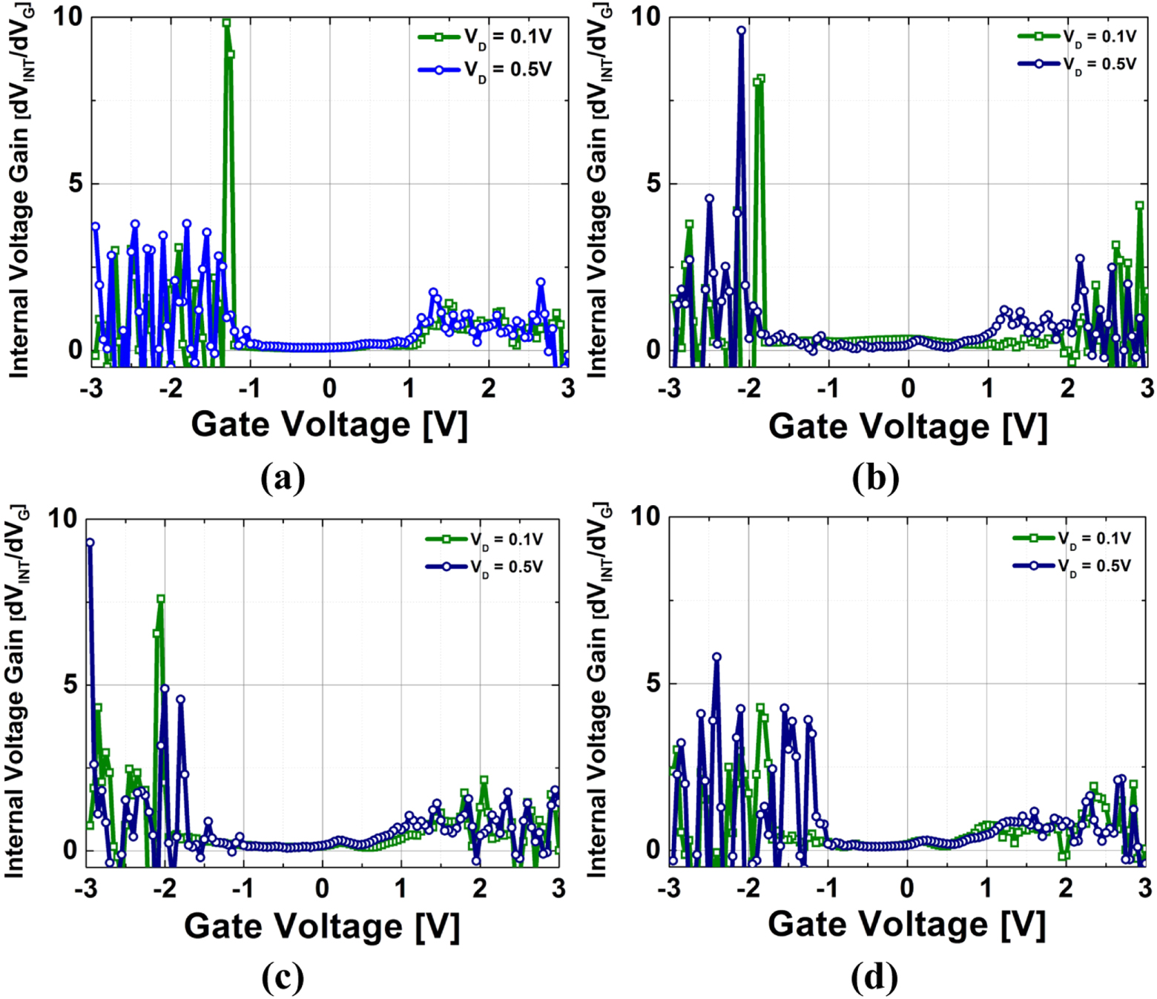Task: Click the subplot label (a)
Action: pyautogui.click(x=283, y=478)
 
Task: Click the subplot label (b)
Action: pyautogui.click(x=875, y=478)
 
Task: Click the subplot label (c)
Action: pyautogui.click(x=283, y=978)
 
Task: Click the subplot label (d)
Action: pyautogui.click(x=874, y=978)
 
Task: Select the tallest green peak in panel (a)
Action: pyautogui.click(x=227, y=23)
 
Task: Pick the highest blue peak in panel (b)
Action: pyautogui.click(x=741, y=31)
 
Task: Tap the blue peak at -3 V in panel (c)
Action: pyautogui.click(x=90, y=543)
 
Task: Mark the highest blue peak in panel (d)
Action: pyautogui.click(x=716, y=657)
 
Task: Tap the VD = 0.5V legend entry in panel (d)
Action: pyautogui.click(x=1072, y=566)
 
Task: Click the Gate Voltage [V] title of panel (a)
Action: pyautogui.click(x=329, y=425)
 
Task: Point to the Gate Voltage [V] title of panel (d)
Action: pyautogui.click(x=906, y=925)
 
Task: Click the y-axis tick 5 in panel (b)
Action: pyautogui.click(x=653, y=183)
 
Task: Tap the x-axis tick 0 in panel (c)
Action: pyautogui.click(x=322, y=888)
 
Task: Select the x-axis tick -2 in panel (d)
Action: pyautogui.click(x=748, y=888)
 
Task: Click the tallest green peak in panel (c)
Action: pyautogui.click(x=160, y=599)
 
